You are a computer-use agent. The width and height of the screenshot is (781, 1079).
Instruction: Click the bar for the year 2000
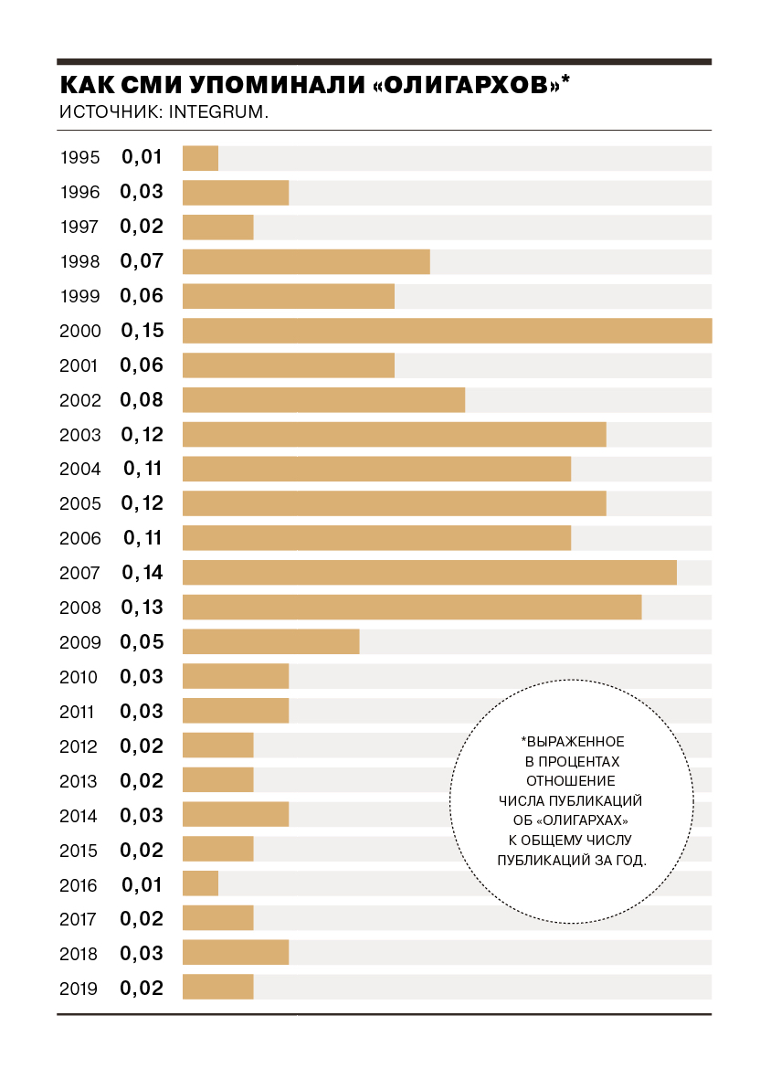448,331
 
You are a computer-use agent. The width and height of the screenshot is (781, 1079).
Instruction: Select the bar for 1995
200,158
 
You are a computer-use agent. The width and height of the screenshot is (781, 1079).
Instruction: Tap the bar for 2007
429,573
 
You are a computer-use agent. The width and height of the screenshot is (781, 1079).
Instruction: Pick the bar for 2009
270,641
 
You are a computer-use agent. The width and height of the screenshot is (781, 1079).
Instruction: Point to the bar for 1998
306,261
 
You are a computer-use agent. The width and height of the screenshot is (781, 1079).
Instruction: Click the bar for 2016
200,883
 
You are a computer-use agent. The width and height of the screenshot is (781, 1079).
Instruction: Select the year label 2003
79,435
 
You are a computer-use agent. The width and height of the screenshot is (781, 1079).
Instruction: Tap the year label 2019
79,989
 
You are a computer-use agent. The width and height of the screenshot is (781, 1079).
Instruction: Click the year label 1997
79,227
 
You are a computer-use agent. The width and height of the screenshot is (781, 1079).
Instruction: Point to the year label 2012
79,746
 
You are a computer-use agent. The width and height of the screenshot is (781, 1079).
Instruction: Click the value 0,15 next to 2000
142,331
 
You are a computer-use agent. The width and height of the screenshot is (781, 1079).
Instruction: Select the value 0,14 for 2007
142,573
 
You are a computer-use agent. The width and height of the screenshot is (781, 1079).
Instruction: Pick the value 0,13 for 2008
142,607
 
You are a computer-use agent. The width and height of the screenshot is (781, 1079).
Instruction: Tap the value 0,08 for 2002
142,400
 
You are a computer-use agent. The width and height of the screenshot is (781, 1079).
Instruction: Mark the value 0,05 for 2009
142,641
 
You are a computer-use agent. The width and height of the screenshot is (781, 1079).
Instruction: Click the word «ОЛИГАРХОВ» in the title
467,85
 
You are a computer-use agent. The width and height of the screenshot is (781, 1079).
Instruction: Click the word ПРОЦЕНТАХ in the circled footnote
579,762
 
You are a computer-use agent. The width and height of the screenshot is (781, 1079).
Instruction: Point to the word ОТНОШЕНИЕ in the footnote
571,781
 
